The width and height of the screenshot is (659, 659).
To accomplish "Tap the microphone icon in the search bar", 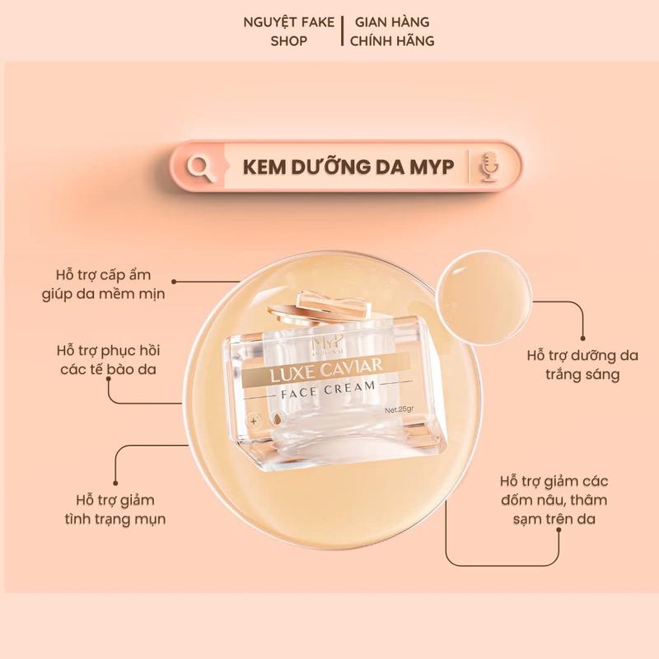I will (x=489, y=166).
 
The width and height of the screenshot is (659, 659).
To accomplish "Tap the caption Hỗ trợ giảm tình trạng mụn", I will (x=114, y=509).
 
